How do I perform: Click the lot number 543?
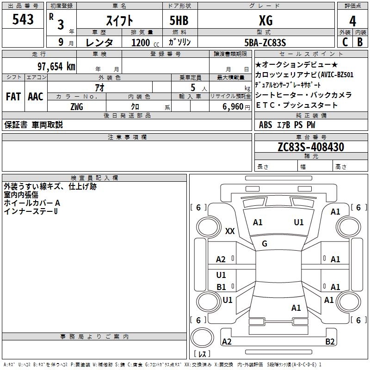coord(23,19)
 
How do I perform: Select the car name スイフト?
coord(120,20)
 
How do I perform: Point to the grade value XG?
coord(265,20)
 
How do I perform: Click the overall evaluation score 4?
coord(353,20)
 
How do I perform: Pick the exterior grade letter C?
coord(345,42)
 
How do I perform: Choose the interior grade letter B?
coord(360,42)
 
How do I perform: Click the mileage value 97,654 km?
coord(56,66)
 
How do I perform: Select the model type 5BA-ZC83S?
coord(265,43)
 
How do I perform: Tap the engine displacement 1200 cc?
coord(142,43)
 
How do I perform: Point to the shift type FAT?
coord(13,96)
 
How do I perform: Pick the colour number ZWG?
coord(77,106)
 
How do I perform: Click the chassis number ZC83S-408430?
coord(311,147)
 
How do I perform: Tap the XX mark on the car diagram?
coord(229,231)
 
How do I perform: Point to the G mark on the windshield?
coord(265,243)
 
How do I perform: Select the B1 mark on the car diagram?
coord(222,287)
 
